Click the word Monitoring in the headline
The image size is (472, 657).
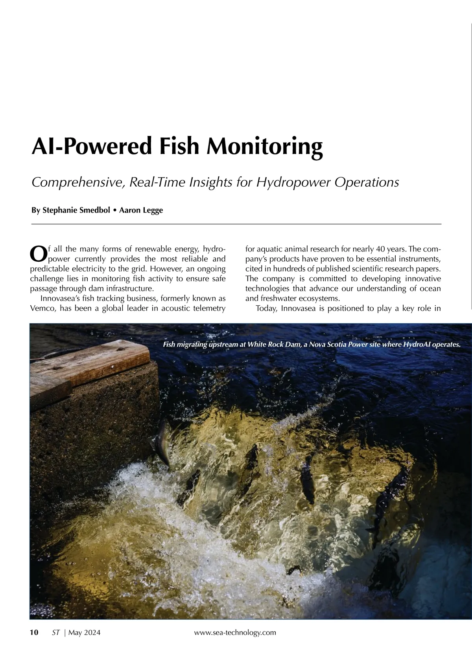(x=264, y=146)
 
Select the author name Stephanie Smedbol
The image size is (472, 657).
(x=76, y=210)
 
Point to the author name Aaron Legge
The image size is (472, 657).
(x=141, y=210)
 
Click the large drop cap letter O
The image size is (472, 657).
(x=38, y=253)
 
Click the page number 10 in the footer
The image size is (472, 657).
(x=34, y=632)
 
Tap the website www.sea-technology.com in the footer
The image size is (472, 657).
(x=235, y=632)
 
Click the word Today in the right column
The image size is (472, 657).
(x=267, y=308)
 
